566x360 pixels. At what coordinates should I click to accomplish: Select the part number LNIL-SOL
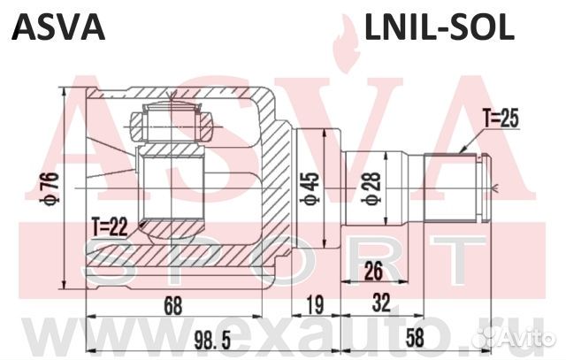[x=439, y=27]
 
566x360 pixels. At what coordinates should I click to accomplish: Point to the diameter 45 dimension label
[x=310, y=188]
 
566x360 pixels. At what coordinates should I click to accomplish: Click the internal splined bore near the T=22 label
[x=172, y=190]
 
